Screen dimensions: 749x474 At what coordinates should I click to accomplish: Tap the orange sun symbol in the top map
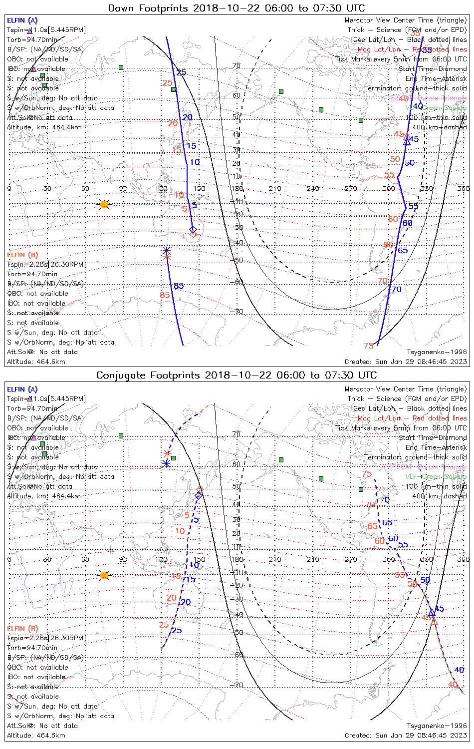click(x=104, y=204)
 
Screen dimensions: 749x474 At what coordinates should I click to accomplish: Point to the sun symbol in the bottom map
click(x=104, y=576)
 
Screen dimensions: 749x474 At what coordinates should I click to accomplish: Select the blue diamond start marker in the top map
click(x=193, y=229)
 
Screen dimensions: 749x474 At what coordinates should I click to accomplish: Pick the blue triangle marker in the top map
click(x=407, y=142)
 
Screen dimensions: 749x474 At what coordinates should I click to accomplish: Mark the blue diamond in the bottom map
click(x=199, y=495)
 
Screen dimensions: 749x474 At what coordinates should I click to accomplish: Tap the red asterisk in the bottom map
click(x=167, y=453)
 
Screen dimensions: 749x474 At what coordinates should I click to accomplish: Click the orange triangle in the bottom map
click(x=434, y=622)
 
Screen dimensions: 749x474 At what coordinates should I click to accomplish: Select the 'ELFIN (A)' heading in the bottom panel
click(x=22, y=389)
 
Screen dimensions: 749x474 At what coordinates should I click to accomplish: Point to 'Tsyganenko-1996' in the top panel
click(x=437, y=352)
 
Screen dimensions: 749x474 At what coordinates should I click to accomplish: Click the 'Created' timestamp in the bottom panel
click(x=406, y=735)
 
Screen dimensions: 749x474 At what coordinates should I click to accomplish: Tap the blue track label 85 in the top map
click(x=179, y=286)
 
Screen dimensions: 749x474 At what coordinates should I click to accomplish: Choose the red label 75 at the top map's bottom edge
click(x=369, y=346)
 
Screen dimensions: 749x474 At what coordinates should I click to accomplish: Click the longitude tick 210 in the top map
click(x=275, y=189)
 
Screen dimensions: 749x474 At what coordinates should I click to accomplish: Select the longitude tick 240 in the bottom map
click(x=313, y=559)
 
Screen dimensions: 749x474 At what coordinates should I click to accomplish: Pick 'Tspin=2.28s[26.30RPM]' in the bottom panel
click(x=46, y=638)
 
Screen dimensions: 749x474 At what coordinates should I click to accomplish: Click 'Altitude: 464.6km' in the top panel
click(x=36, y=362)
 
